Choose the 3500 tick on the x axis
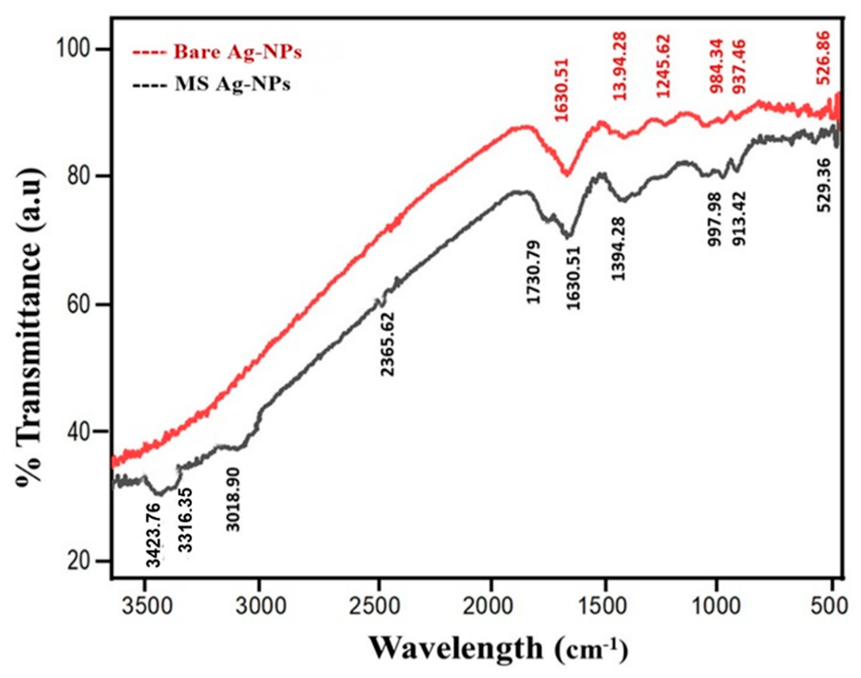[x=145, y=606]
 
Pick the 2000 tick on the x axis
[x=491, y=606]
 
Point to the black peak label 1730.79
[x=533, y=272]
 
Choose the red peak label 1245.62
[x=663, y=66]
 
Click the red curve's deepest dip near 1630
[x=567, y=174]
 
